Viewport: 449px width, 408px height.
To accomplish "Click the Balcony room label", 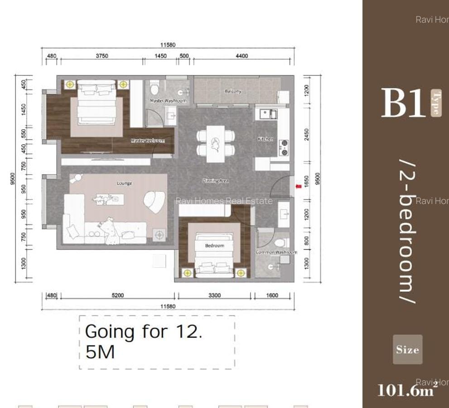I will pyautogui.click(x=233, y=91).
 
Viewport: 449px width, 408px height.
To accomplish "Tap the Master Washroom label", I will pyautogui.click(x=168, y=101).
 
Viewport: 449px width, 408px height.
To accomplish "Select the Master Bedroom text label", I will pyautogui.click(x=148, y=141).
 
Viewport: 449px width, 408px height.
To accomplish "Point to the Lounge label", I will pyautogui.click(x=125, y=183).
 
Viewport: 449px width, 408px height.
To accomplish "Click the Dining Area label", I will pyautogui.click(x=215, y=181).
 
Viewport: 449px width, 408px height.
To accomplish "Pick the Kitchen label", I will pyautogui.click(x=266, y=139).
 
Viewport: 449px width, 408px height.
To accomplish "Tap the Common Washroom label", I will pyautogui.click(x=276, y=252).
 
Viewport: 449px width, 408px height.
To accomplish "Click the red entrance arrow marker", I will pyautogui.click(x=298, y=186).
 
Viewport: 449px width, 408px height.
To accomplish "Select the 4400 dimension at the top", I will pyautogui.click(x=242, y=56).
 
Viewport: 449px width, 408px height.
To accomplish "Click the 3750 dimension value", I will pyautogui.click(x=102, y=56).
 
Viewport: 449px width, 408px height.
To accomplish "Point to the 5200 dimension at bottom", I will pyautogui.click(x=117, y=296).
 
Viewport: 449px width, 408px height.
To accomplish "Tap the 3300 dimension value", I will pyautogui.click(x=215, y=296).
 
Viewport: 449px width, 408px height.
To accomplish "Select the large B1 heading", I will pyautogui.click(x=403, y=103).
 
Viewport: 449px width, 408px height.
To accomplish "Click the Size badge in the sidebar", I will pyautogui.click(x=407, y=350).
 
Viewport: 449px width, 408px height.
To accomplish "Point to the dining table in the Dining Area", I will pyautogui.click(x=216, y=143).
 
